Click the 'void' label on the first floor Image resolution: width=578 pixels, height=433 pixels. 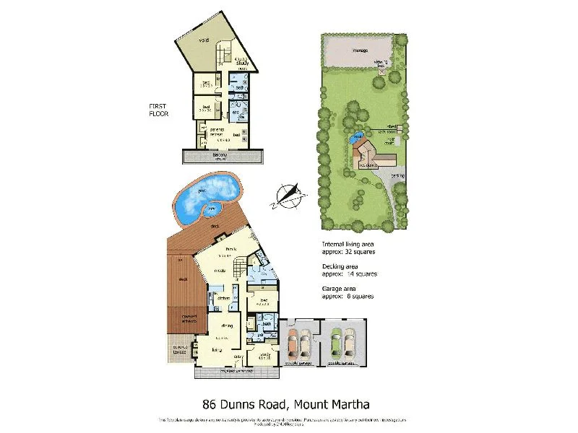(204, 40)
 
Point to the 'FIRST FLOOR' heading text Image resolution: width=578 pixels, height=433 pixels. (158, 110)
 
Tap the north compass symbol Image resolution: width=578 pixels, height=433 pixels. (288, 194)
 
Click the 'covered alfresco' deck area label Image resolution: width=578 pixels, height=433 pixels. (180, 320)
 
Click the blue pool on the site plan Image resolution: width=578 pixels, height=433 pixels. (356, 138)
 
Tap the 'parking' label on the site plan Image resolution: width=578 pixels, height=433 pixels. (399, 175)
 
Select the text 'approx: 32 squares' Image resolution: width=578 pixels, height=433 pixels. (349, 252)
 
